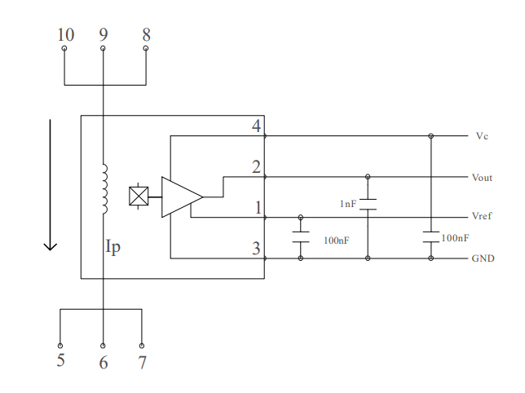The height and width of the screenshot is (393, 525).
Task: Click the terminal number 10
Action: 65,34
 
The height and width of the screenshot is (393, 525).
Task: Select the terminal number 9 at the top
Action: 103,34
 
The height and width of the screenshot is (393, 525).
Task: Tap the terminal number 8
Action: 146,34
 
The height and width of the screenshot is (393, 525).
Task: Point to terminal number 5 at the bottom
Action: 61,360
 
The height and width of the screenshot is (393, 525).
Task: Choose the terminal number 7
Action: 142,360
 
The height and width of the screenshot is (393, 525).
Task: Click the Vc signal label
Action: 481,136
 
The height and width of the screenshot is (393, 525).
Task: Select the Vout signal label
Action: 482,177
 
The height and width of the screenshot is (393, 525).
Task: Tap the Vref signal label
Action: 482,217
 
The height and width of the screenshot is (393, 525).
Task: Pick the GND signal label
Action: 482,258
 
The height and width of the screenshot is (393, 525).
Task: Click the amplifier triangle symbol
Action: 180,196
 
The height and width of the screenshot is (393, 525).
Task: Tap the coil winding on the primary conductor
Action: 104,190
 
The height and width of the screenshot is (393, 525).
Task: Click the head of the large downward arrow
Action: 51,245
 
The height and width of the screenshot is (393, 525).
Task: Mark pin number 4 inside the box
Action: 256,126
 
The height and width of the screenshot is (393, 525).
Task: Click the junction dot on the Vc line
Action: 431,136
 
